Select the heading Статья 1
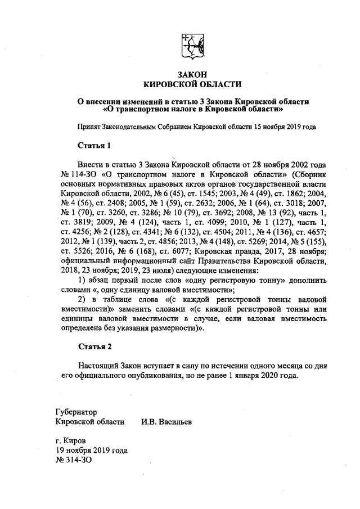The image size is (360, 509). point(94,146)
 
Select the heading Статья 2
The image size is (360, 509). point(94,345)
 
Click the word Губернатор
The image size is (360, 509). point(76,411)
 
